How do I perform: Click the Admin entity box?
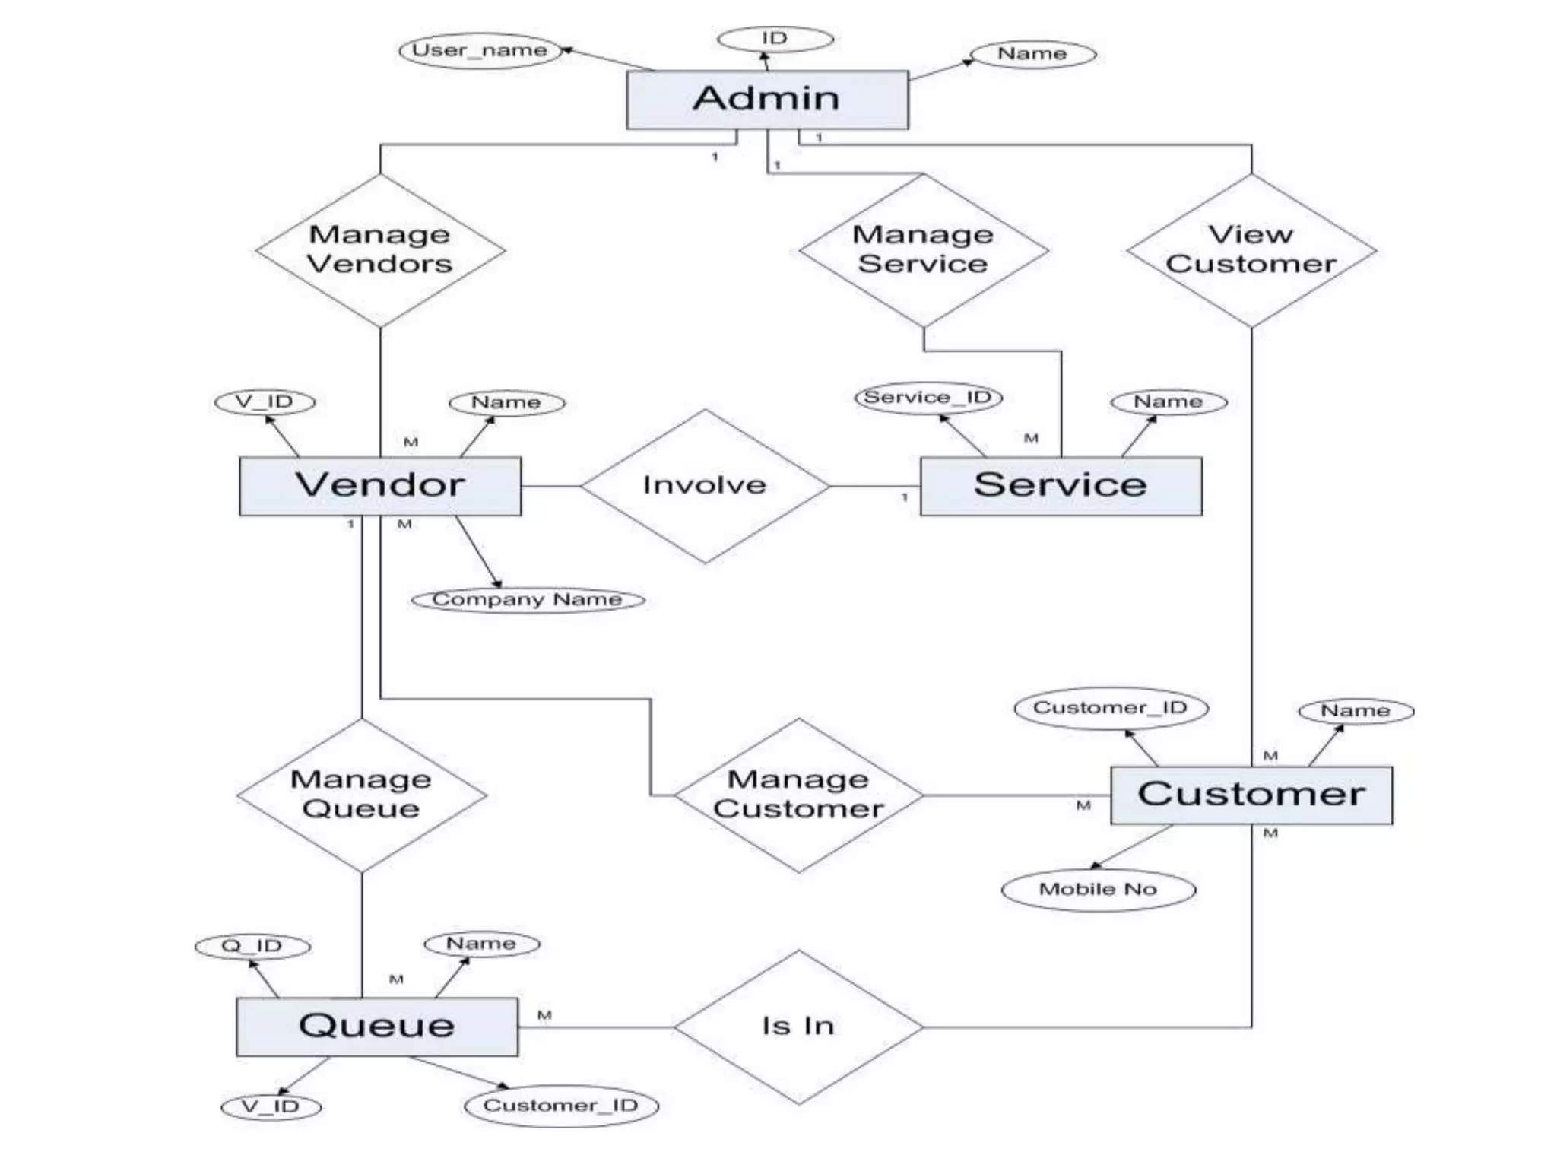tap(766, 100)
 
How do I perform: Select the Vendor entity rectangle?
tap(380, 486)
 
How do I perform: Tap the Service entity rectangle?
tap(1061, 486)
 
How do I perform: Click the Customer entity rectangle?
tap(1251, 795)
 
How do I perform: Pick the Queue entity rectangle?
tap(377, 1027)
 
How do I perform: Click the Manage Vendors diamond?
tap(380, 250)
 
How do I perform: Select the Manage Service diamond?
tap(923, 250)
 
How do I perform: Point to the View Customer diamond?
tap(1251, 250)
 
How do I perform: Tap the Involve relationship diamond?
tap(705, 486)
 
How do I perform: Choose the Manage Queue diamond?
tap(362, 795)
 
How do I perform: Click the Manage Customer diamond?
tap(798, 795)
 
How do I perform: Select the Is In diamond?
tap(798, 1027)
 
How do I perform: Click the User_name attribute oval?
tap(480, 51)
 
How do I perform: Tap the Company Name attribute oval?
tap(528, 600)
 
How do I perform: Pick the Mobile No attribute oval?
tap(1099, 889)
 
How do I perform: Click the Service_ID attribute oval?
tap(928, 398)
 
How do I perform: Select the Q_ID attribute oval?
tap(252, 946)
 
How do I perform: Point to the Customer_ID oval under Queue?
tap(561, 1106)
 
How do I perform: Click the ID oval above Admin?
tap(775, 39)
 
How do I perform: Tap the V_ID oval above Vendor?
tap(265, 401)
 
